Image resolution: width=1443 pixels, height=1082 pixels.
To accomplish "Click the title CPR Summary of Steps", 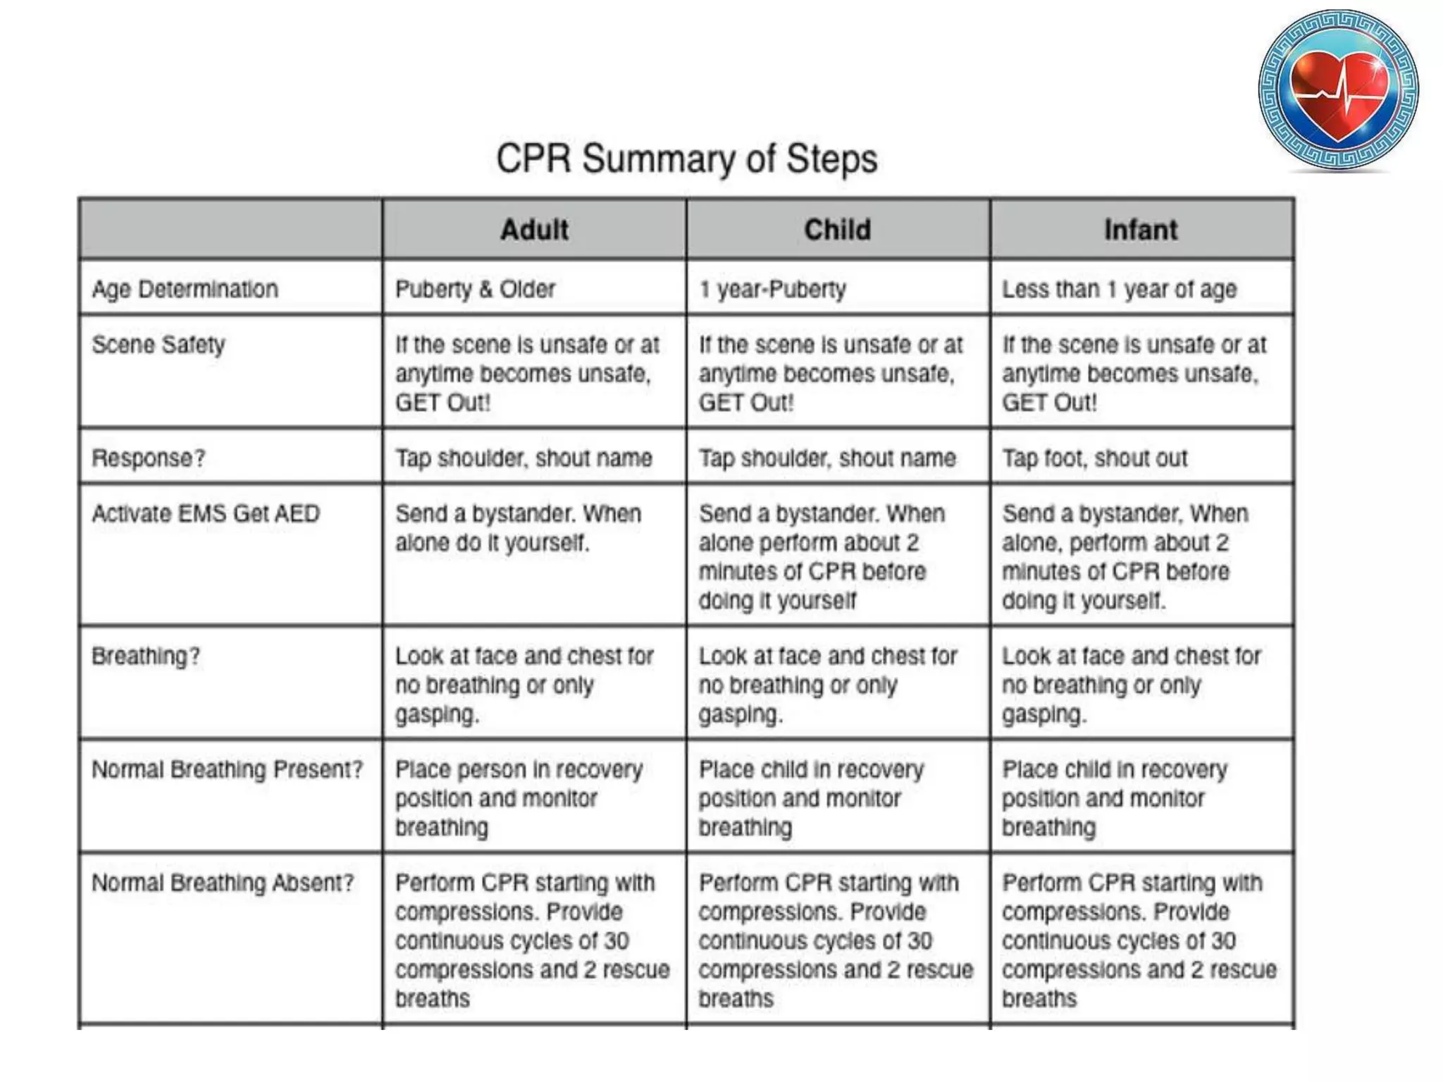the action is tap(687, 158).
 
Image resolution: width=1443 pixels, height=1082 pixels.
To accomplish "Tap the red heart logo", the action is tap(1338, 90).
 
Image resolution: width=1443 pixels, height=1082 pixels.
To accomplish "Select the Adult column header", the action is tap(534, 230).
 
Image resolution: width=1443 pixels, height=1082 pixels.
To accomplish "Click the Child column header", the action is tap(838, 230).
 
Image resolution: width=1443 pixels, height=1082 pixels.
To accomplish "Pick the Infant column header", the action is tap(1141, 230).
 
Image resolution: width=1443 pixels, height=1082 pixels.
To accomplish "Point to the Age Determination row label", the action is tap(185, 289).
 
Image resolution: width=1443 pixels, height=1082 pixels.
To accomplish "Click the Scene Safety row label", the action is tap(159, 344).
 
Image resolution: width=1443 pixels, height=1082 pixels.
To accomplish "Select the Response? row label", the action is tap(149, 458).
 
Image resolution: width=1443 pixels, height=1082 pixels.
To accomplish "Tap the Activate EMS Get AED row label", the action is tap(206, 514).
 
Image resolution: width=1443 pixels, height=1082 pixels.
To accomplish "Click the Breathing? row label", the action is tap(146, 656).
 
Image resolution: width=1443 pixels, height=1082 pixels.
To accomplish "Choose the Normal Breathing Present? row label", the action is tap(227, 769).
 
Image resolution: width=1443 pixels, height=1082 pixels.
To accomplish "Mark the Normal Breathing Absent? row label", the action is tap(223, 883).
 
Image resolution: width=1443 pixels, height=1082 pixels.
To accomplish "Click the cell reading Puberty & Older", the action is tap(476, 289).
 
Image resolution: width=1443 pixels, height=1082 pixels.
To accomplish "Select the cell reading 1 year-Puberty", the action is tap(772, 289).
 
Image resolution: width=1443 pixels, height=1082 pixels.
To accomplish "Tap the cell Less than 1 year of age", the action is tap(1120, 289).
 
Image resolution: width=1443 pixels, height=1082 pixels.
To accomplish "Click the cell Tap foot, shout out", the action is tap(1095, 458).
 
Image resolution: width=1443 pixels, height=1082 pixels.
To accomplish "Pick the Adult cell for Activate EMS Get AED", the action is tap(518, 528).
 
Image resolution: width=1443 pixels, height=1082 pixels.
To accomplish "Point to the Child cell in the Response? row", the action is tap(827, 458).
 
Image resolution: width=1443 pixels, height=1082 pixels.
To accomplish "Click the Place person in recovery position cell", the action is tap(519, 798).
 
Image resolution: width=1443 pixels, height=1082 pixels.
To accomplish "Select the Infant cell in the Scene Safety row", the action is tap(1134, 373).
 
